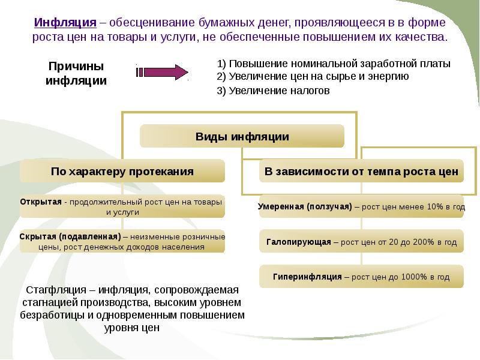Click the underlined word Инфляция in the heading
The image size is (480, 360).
point(65,23)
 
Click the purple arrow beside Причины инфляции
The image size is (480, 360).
point(162,72)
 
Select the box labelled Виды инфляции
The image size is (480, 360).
point(242,136)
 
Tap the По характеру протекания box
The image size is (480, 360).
point(122,171)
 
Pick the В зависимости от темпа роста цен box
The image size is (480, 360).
point(361,171)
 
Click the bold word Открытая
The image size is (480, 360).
point(41,202)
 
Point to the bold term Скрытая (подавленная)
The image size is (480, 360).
point(70,236)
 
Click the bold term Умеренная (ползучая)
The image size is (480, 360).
point(305,206)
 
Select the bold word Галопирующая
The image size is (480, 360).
point(299,242)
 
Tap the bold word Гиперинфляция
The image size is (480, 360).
point(307,277)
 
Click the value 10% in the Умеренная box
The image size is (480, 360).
point(435,206)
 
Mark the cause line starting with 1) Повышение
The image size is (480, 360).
point(334,64)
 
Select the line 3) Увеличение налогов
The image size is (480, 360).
point(273,91)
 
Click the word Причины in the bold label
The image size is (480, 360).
point(76,67)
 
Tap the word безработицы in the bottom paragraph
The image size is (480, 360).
point(52,315)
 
